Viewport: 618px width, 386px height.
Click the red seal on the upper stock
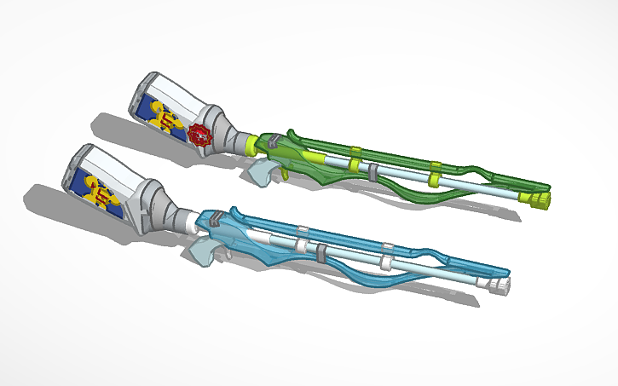[x=200, y=135]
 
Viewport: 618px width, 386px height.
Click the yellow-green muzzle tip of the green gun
[x=540, y=199]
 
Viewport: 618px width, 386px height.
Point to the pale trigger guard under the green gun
[x=263, y=171]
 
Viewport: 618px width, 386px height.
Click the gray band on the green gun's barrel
[x=373, y=170]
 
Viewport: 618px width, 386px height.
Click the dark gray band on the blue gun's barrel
[x=321, y=254]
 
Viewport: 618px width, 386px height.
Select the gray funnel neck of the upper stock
[x=224, y=133]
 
